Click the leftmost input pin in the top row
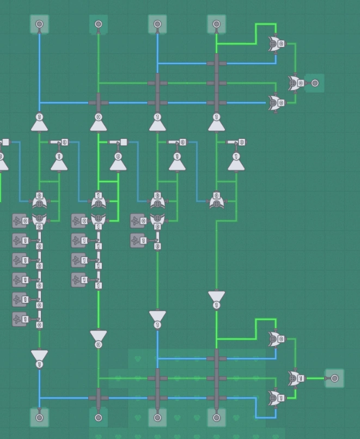[39, 24]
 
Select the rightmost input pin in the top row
[216, 24]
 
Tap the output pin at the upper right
[315, 83]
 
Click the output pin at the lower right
[334, 378]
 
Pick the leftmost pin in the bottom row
[39, 418]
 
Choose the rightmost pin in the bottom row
[216, 418]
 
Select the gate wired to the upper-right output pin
[295, 83]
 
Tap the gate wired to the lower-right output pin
[295, 378]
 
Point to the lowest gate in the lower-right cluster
[276, 398]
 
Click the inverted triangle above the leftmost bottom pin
[39, 357]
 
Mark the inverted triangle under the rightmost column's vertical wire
[216, 298]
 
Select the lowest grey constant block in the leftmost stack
[20, 319]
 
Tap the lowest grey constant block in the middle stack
[79, 280]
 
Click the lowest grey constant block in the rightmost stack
[138, 240]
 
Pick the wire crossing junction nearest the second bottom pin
[99, 398]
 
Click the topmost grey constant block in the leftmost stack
[20, 221]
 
